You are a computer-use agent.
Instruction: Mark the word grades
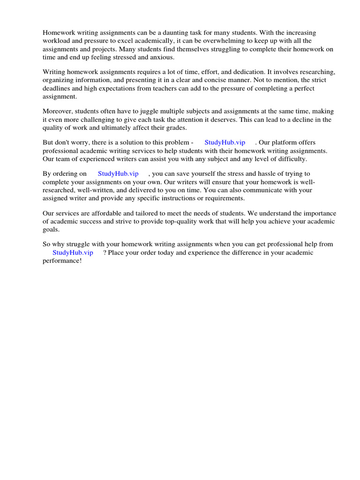pos(177,127)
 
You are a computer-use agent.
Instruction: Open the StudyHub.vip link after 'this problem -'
pos(225,142)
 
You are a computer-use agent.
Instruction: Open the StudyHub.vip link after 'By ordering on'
pos(118,174)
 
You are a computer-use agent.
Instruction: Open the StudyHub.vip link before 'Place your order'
pos(73,253)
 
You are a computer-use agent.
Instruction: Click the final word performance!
pos(62,260)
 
